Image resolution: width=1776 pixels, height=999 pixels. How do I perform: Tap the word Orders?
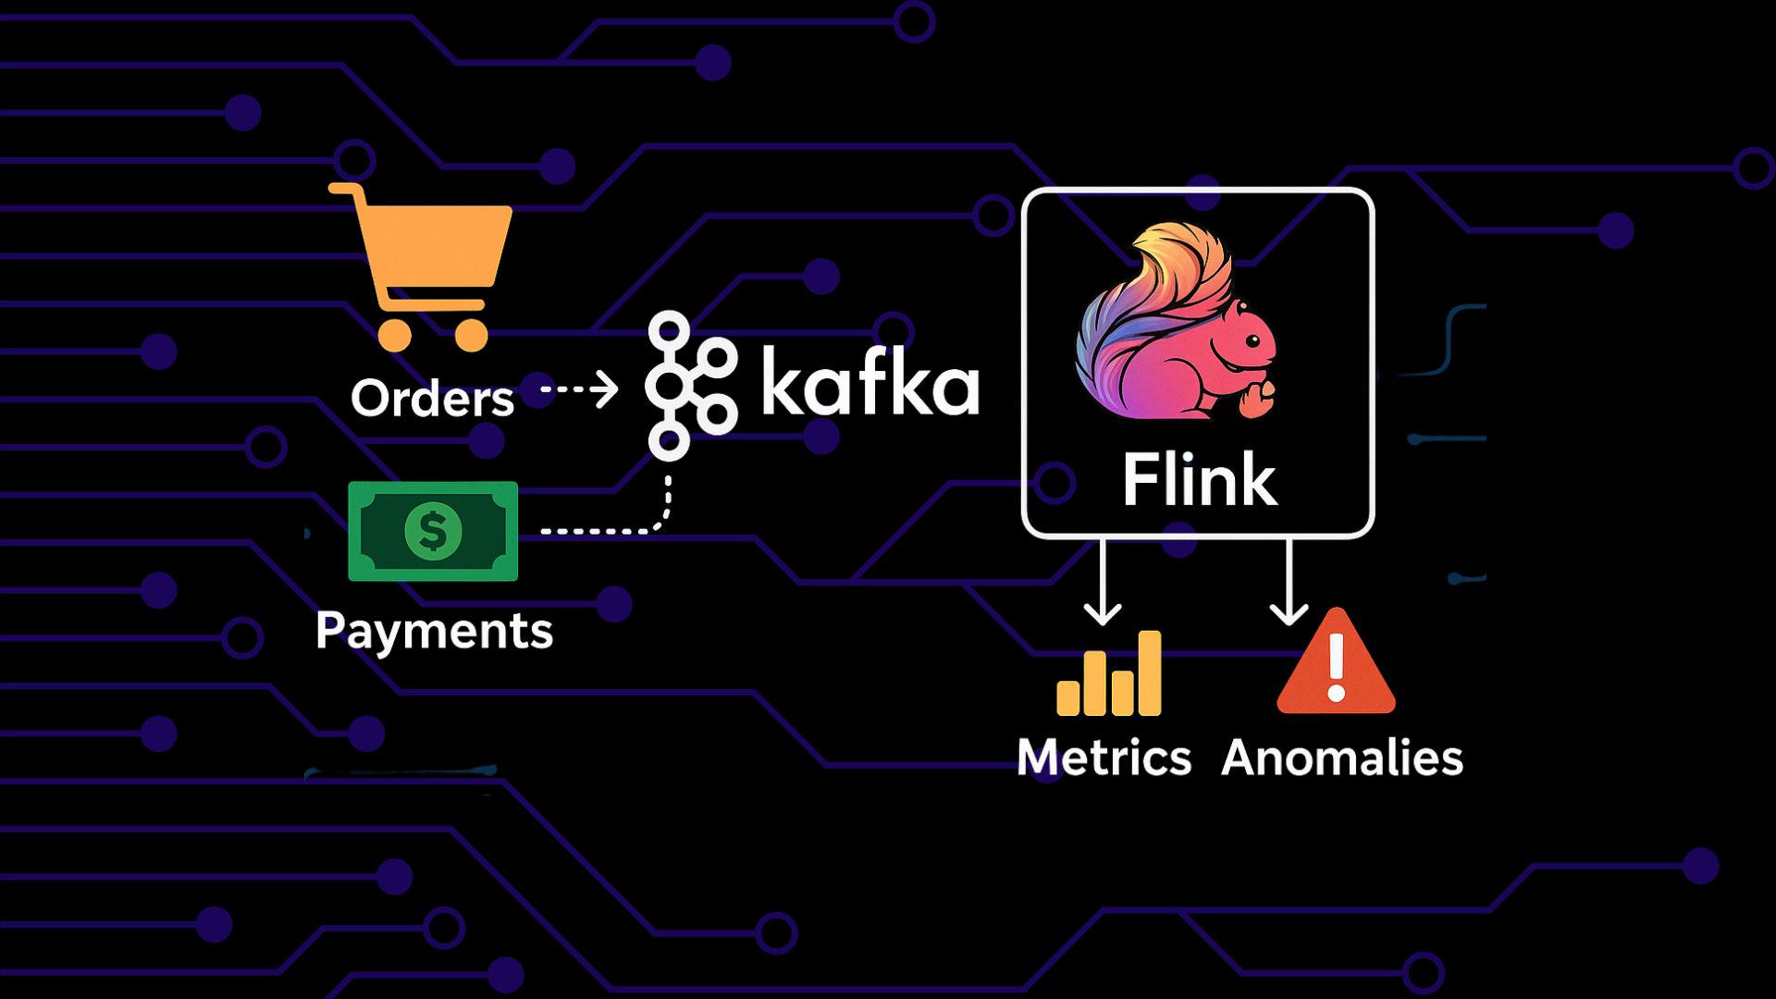click(432, 399)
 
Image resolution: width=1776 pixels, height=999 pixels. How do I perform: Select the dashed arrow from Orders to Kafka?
click(580, 389)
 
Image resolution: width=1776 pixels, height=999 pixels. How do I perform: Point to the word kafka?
click(869, 383)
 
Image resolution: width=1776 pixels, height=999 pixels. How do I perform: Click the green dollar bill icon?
click(433, 531)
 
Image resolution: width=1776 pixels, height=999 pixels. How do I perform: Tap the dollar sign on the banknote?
click(432, 531)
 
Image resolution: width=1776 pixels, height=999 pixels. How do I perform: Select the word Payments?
click(434, 632)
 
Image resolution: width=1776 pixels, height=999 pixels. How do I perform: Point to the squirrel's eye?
click(1252, 341)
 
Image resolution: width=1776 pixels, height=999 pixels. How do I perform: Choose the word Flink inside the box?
click(1200, 480)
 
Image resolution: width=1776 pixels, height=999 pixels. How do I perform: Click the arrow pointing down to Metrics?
click(1103, 583)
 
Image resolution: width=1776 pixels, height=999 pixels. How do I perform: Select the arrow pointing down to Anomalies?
click(1289, 583)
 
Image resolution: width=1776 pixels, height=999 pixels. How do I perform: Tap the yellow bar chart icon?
click(1109, 674)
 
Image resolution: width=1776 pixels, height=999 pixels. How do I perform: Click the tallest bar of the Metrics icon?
click(1150, 673)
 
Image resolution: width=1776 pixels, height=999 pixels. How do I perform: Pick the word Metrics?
click(1104, 758)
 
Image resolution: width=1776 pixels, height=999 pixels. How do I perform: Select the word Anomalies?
click(1342, 758)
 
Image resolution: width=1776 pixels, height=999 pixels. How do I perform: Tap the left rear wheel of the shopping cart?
click(395, 334)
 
